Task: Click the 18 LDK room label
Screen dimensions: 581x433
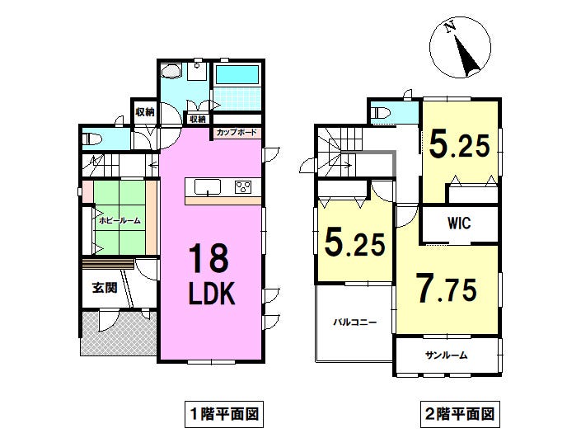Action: click(x=212, y=275)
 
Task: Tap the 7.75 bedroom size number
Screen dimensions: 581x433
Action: click(x=446, y=288)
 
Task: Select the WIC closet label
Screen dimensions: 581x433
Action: click(x=459, y=223)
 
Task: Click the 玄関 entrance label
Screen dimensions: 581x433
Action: click(x=105, y=288)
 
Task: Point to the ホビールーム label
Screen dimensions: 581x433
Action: click(x=119, y=221)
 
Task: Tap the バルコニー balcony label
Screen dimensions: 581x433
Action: click(x=354, y=322)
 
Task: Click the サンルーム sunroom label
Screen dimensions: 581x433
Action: click(x=446, y=355)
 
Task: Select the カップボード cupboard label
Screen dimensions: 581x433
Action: click(x=237, y=132)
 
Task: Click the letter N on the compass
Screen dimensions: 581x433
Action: click(x=450, y=27)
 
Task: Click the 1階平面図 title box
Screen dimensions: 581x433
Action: click(x=224, y=414)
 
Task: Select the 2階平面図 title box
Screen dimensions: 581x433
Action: click(x=460, y=414)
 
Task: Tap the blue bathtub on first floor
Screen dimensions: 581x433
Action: click(x=237, y=75)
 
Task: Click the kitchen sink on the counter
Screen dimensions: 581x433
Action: click(x=208, y=187)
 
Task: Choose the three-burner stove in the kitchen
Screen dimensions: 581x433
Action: click(x=243, y=187)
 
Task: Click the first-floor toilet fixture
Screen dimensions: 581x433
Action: click(x=92, y=139)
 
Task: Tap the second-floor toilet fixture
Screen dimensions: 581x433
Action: click(x=381, y=113)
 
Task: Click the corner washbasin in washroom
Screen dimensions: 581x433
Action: click(x=171, y=70)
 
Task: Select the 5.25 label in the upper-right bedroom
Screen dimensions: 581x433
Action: click(x=460, y=145)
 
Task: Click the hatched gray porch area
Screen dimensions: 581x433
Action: click(x=119, y=334)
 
